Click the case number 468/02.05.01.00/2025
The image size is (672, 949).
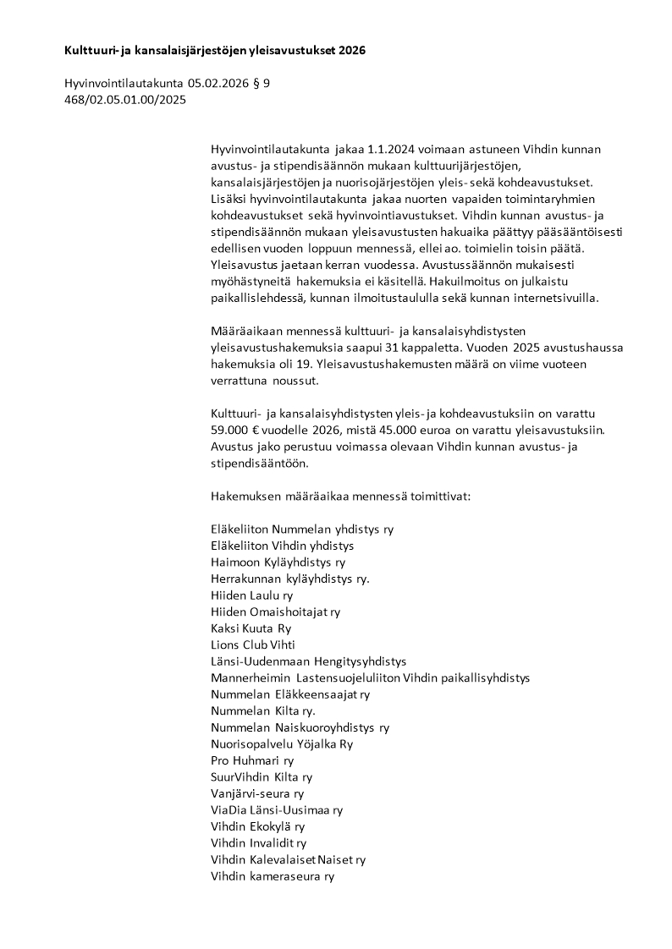[x=124, y=99]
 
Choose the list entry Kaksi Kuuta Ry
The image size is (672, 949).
[x=251, y=628]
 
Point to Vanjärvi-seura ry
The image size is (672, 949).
[x=257, y=793]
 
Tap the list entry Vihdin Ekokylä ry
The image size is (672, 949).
[x=257, y=826]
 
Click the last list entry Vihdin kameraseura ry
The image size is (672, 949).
[x=273, y=876]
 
